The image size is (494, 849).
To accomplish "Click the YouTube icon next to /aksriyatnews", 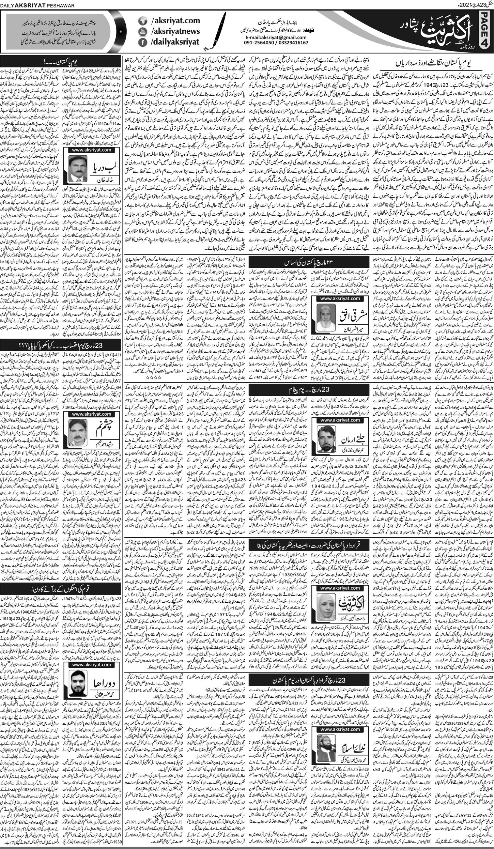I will pyautogui.click(x=142, y=31).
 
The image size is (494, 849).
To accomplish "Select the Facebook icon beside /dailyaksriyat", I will pyautogui.click(x=142, y=42).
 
